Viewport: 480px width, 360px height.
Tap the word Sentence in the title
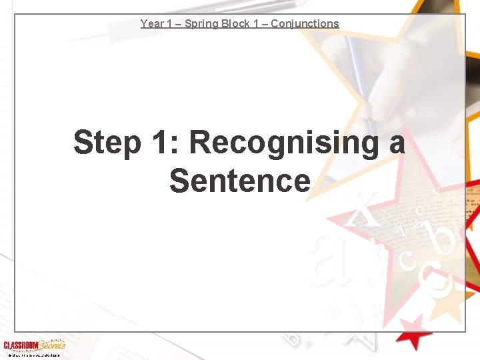tap(240, 181)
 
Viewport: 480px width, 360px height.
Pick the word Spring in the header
tap(203, 24)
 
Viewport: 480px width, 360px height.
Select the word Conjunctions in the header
tap(305, 24)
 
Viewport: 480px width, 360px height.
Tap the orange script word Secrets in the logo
tap(52, 345)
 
